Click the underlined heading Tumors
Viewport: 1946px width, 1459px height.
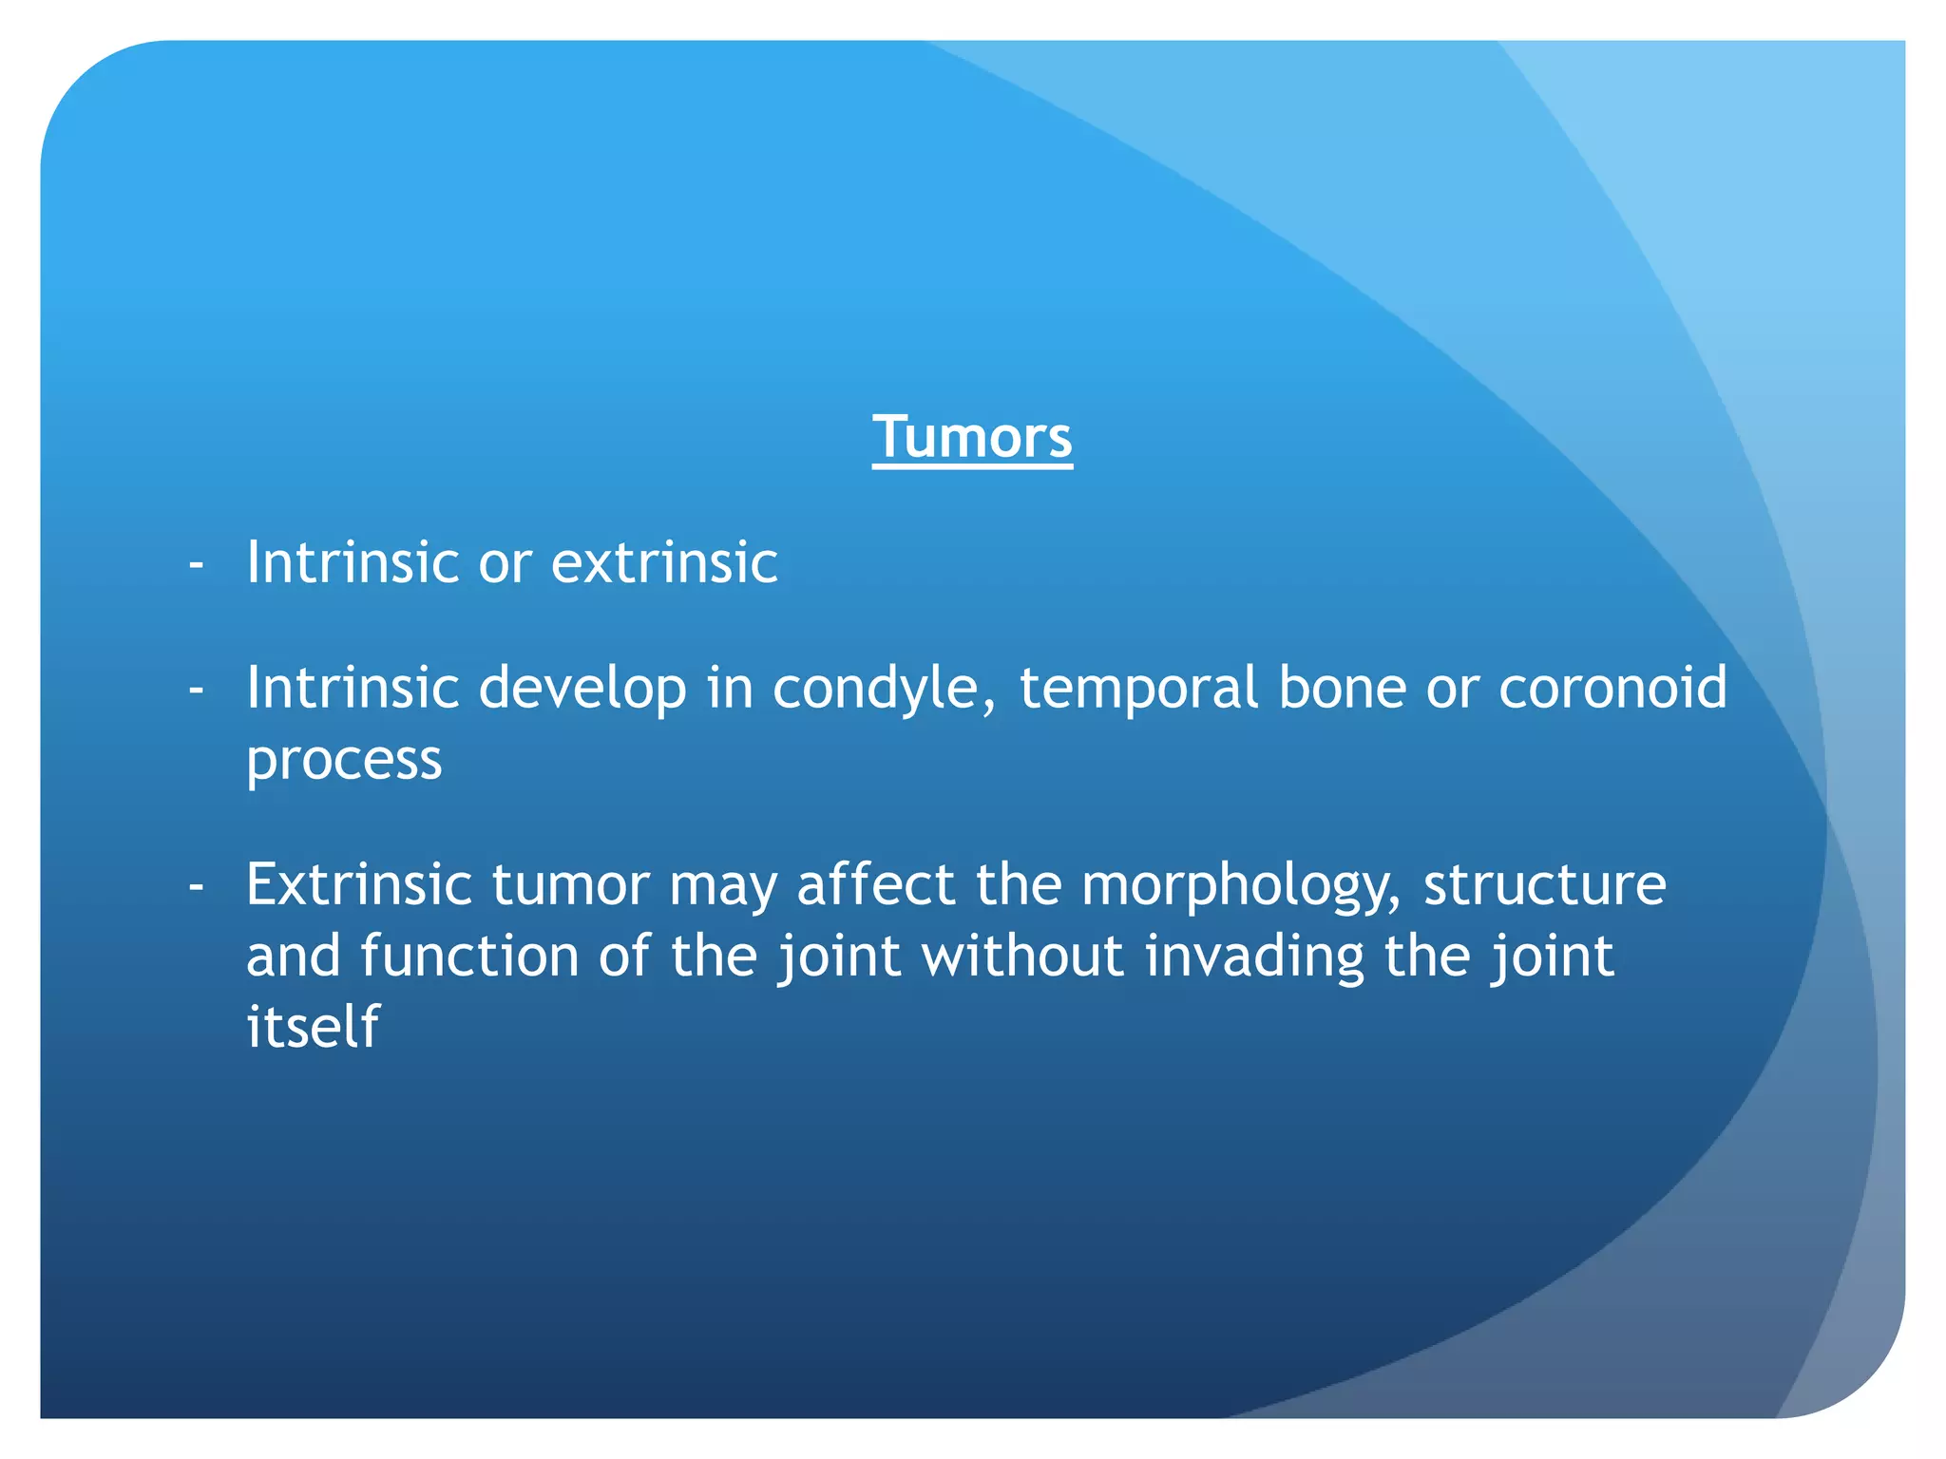[x=972, y=438]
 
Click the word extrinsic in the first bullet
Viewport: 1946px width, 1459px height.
[x=664, y=562]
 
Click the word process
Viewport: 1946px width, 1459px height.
[x=344, y=760]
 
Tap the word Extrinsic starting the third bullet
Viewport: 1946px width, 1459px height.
[x=359, y=884]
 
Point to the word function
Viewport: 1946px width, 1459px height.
[x=468, y=956]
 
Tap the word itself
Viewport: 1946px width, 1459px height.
[x=313, y=1027]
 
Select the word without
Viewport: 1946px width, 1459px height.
[x=1022, y=956]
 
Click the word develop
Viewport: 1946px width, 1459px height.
[x=582, y=690]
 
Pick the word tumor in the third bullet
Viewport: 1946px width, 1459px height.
[x=570, y=886]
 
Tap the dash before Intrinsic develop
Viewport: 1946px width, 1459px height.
[x=197, y=691]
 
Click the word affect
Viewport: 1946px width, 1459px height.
[x=875, y=884]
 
